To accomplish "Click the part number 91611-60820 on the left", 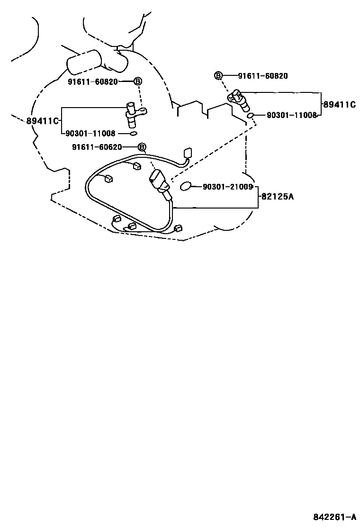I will tap(92, 82).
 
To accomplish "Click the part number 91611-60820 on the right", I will tap(262, 76).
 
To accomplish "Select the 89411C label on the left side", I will tap(42, 121).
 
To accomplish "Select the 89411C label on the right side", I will tap(339, 105).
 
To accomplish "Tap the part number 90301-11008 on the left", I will tap(90, 134).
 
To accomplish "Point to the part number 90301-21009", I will tap(227, 187).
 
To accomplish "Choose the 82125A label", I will tap(277, 195).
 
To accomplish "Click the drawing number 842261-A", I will tap(334, 517).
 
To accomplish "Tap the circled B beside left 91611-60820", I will tap(138, 82).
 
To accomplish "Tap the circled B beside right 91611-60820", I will tap(218, 76).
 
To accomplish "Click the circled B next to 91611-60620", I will tap(141, 147).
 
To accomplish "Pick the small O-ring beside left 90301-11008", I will tap(134, 134).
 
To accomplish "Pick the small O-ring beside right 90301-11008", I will tap(252, 115).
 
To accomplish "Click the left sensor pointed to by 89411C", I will tap(133, 115).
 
